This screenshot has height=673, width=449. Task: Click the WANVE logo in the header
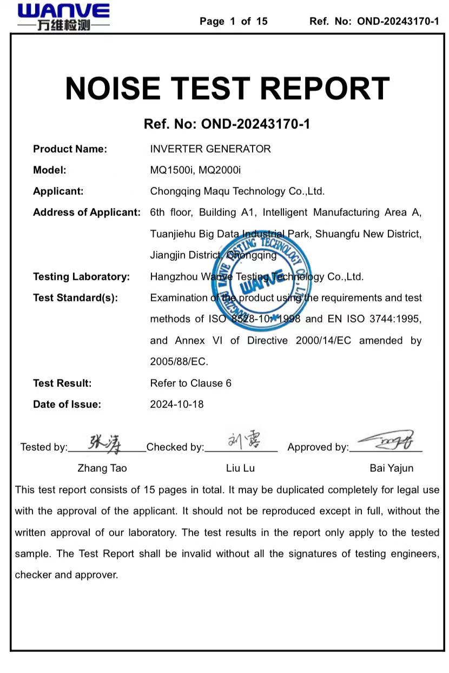click(x=63, y=16)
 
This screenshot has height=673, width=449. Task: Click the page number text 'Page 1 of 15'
click(x=233, y=22)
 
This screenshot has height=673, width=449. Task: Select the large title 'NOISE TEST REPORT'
click(x=227, y=88)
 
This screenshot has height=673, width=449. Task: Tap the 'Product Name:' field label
click(x=70, y=149)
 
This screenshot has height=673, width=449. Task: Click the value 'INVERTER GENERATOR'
click(x=210, y=149)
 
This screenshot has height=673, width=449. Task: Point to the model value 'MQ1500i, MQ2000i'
click(x=195, y=170)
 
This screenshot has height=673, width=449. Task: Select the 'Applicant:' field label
click(x=58, y=191)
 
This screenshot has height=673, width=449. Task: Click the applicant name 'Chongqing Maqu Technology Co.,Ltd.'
click(x=237, y=191)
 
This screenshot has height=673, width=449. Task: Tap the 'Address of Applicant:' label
click(x=87, y=212)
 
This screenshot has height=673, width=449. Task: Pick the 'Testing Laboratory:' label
click(x=81, y=276)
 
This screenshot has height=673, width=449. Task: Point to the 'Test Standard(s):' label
click(x=75, y=298)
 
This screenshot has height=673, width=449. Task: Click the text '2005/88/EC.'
click(x=179, y=361)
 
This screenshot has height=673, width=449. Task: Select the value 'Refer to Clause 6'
click(x=190, y=383)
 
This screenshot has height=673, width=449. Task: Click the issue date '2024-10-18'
click(x=177, y=404)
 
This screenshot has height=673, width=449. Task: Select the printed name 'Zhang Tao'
click(x=102, y=468)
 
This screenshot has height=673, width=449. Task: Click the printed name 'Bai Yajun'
click(x=391, y=468)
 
